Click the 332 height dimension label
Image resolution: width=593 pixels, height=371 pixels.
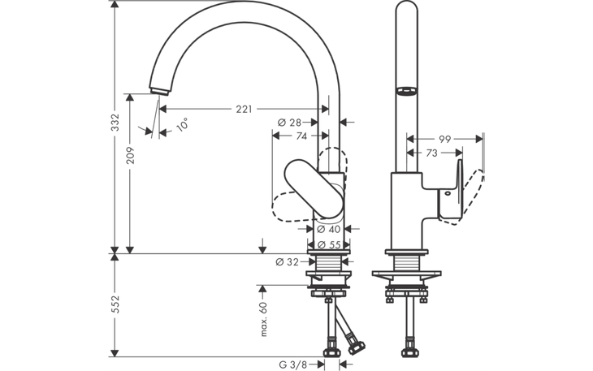[x=115, y=123]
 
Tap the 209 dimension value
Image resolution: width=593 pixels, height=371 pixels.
[x=130, y=156]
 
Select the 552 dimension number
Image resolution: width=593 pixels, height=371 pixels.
[x=115, y=303]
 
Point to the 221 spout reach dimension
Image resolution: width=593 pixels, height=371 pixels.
[x=245, y=109]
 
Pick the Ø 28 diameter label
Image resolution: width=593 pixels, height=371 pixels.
[x=289, y=123]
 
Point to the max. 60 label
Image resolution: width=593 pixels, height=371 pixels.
[x=264, y=319]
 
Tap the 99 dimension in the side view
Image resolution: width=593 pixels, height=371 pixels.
[x=444, y=139]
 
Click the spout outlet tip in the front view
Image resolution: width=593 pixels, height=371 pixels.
[x=155, y=90]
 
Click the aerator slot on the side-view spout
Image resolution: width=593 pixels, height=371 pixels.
[x=405, y=90]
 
